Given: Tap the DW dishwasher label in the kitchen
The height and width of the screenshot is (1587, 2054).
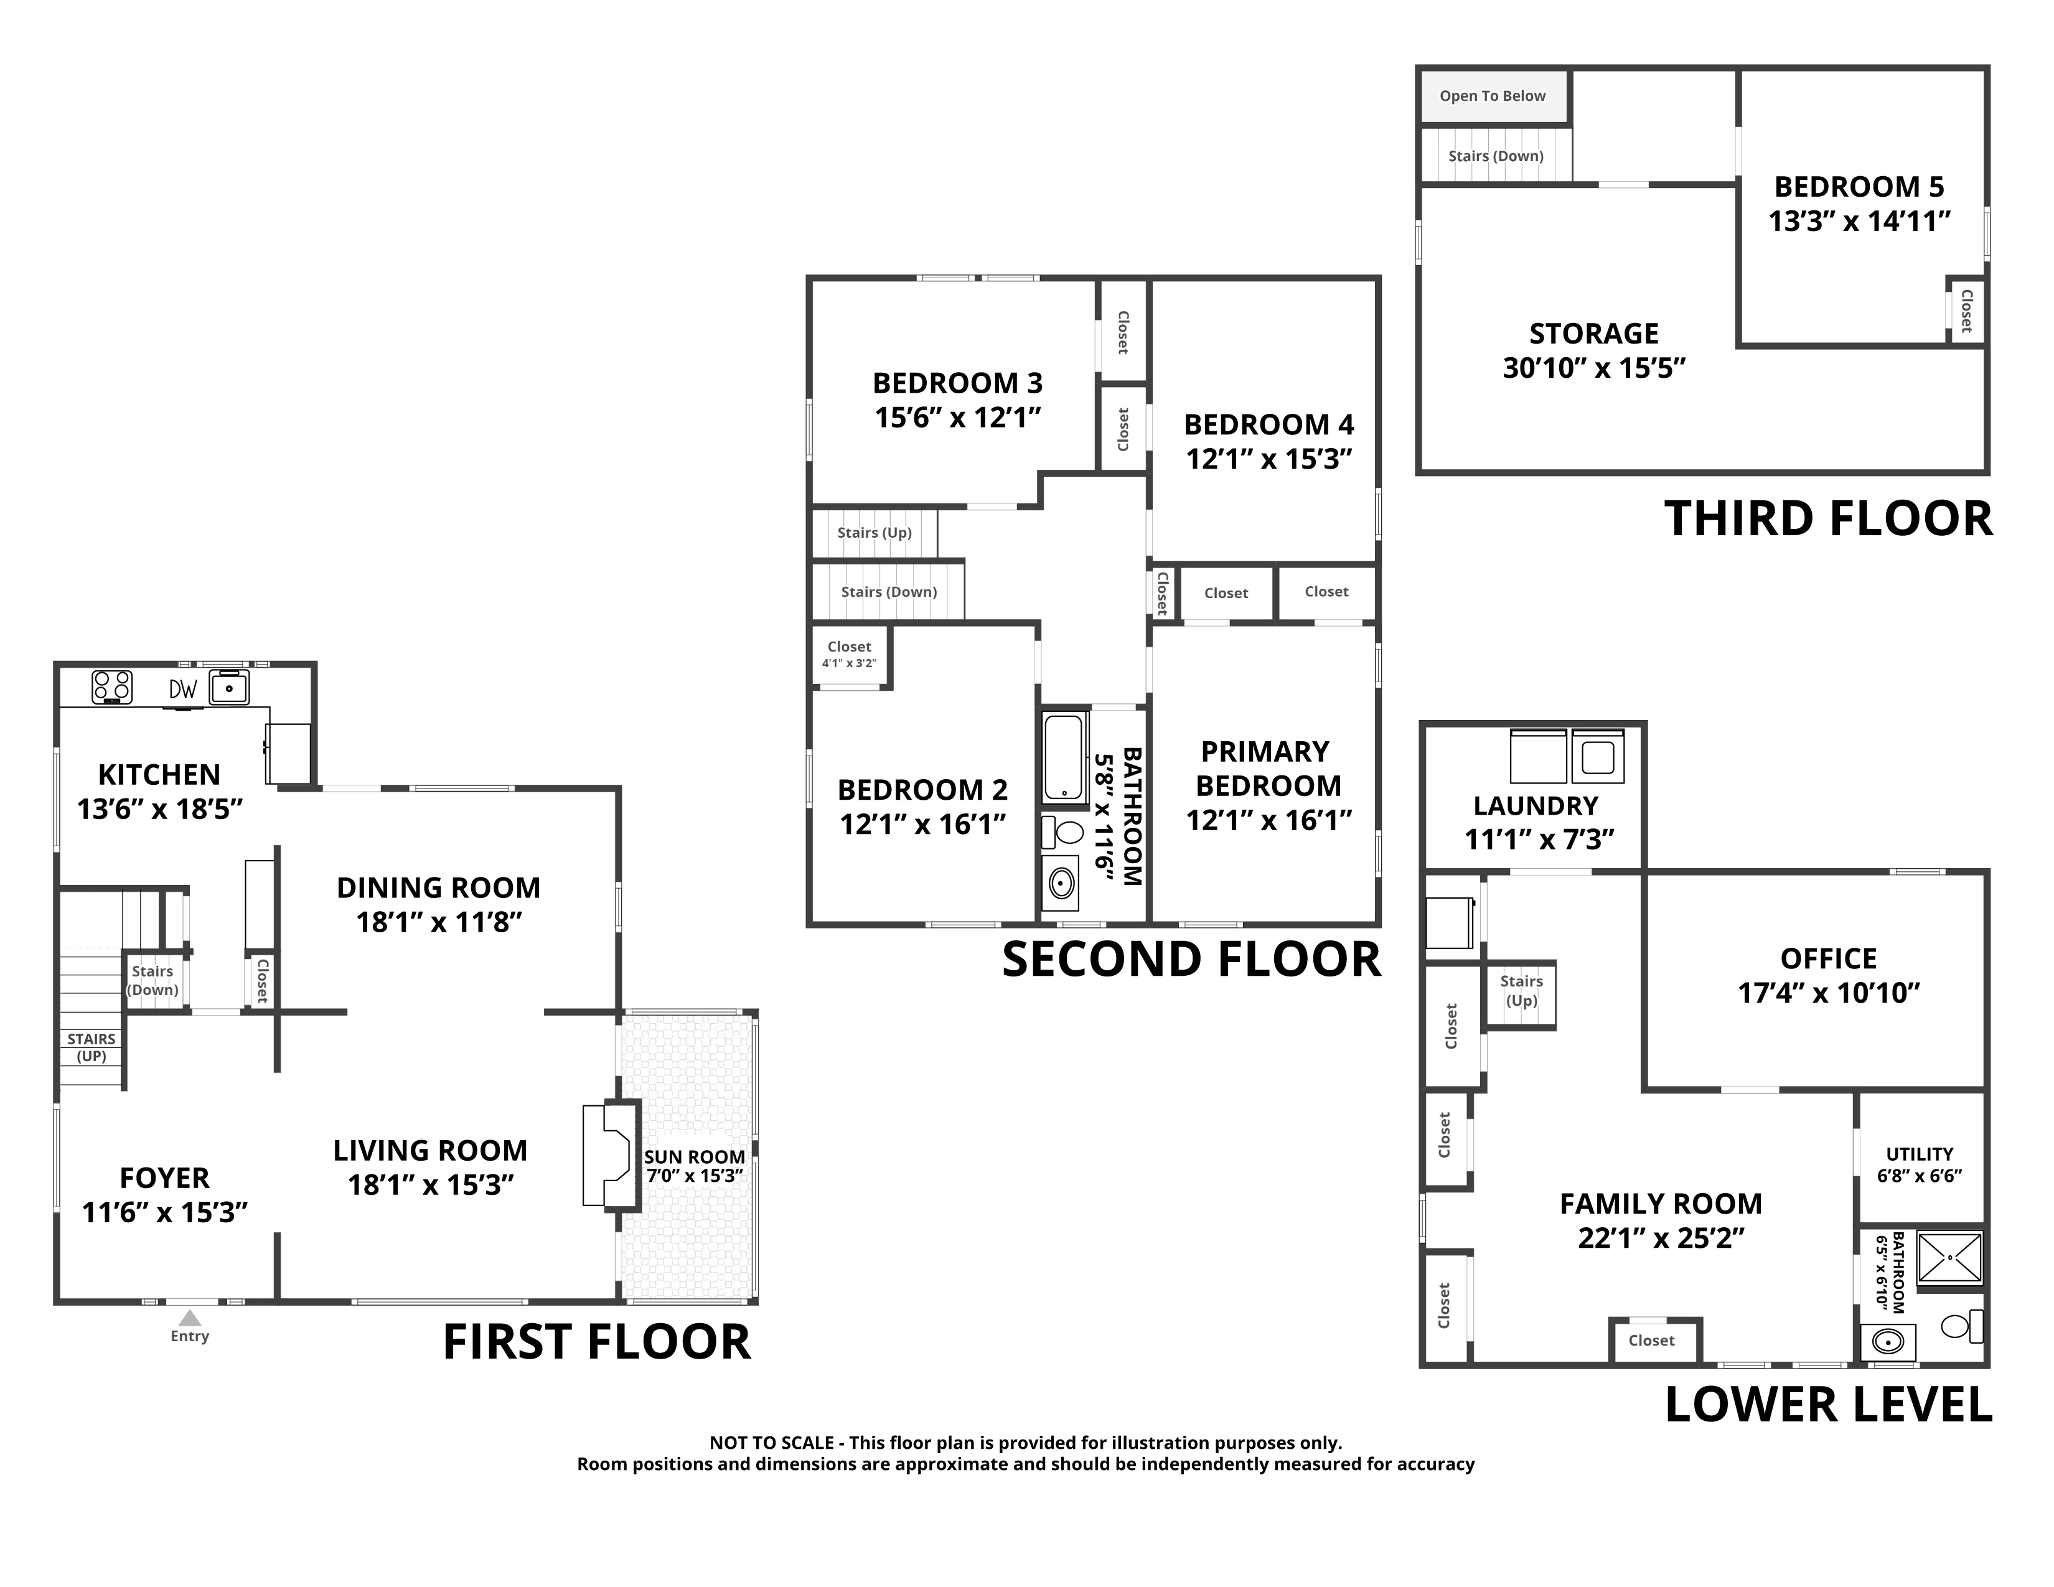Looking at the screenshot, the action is point(184,689).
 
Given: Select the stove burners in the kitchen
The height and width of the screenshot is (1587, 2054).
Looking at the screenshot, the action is point(112,687).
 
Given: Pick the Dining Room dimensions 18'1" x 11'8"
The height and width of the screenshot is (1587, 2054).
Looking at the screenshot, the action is point(438,922).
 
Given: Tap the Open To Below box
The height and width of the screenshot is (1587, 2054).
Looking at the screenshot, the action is point(1493,96).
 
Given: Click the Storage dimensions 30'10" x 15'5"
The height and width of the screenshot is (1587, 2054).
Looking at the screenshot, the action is point(1594,368).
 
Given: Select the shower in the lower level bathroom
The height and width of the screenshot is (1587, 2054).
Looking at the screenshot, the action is point(1949,1257).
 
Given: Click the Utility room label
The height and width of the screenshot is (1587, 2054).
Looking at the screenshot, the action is point(1920,1154).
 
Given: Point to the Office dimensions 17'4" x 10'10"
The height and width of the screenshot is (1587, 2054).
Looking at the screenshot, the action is point(1828,993).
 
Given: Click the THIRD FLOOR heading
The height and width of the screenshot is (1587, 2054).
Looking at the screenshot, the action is point(1828,519).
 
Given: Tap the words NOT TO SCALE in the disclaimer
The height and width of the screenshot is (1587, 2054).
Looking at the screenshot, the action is point(771,1442).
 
